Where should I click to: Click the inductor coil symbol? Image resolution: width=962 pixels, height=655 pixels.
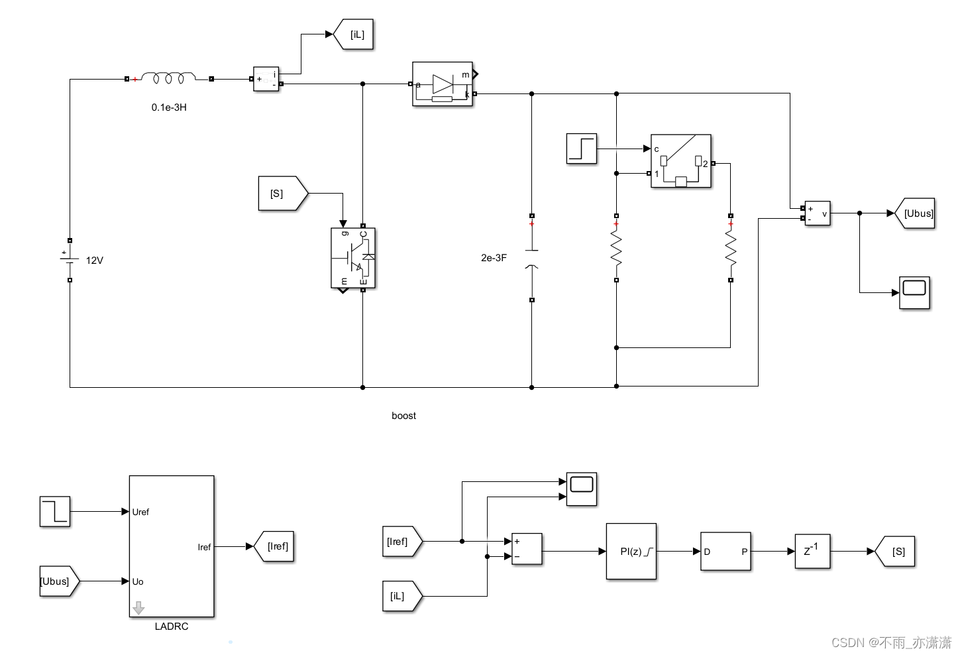[168, 78]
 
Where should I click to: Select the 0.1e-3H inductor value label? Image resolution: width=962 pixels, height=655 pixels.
[169, 107]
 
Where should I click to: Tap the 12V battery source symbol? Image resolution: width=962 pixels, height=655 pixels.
[70, 260]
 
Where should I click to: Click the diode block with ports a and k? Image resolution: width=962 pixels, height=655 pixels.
[442, 84]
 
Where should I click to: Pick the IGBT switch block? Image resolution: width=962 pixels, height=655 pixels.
[353, 258]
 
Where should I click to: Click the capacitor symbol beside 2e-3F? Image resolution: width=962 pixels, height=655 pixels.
[531, 258]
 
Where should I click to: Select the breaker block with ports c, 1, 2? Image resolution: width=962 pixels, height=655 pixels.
[680, 161]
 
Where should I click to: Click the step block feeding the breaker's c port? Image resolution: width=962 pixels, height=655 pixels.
[582, 149]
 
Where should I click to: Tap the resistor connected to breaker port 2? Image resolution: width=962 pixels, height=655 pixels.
[730, 249]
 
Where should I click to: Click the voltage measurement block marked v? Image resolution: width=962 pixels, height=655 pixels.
[817, 213]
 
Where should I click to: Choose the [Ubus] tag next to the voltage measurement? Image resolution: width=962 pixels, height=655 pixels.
[916, 213]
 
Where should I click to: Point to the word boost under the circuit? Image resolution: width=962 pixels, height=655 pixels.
[403, 416]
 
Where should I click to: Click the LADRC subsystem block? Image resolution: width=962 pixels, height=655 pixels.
[172, 546]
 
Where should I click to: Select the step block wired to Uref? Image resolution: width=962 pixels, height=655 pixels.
[55, 512]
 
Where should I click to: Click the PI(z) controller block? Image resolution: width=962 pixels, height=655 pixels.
[631, 551]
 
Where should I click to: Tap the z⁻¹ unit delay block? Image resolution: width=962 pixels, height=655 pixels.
[812, 551]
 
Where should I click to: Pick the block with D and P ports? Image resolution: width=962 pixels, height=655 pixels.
[725, 551]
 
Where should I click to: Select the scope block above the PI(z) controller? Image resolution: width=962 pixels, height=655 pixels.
[581, 489]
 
